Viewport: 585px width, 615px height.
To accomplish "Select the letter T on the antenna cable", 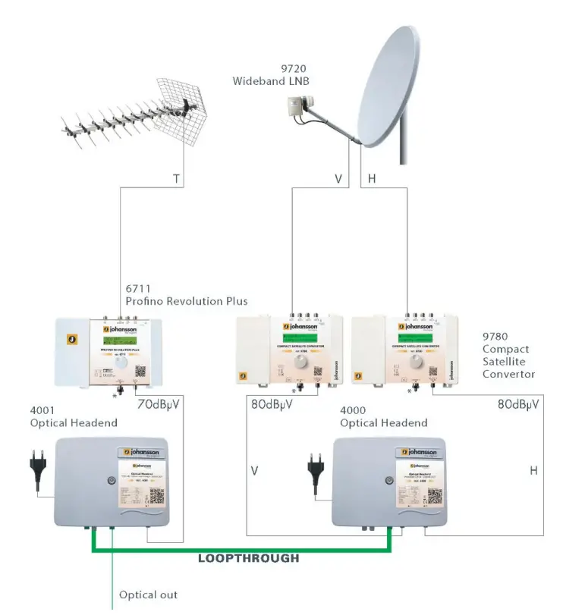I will coord(176,180).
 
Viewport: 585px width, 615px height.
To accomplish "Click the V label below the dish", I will coord(339,180).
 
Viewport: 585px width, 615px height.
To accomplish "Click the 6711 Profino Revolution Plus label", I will coord(187,295).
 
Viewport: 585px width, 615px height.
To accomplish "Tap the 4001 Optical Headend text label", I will coord(74,416).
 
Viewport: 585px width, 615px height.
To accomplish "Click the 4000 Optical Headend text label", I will coord(383,416).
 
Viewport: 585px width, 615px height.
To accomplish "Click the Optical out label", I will coord(148,595).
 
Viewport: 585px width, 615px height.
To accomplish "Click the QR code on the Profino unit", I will coord(141,372).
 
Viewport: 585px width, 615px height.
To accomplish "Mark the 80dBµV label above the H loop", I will coord(518,404).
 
